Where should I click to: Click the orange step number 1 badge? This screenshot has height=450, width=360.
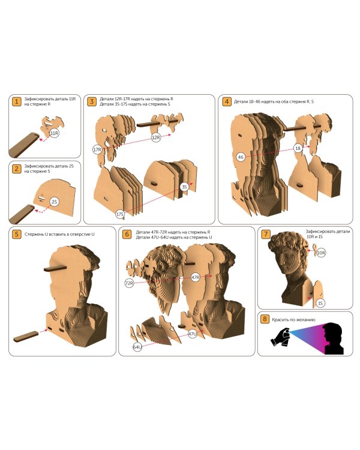17,101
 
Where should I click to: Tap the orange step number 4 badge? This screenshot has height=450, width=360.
227,101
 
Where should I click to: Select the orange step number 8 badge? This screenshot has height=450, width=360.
265,319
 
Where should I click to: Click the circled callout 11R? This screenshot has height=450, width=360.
54,133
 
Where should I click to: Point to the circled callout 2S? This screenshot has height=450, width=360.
54,202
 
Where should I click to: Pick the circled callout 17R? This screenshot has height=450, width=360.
98,149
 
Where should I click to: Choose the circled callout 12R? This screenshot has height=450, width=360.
155,137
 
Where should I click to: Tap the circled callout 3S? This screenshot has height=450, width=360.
184,187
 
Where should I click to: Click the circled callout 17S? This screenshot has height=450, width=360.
120,214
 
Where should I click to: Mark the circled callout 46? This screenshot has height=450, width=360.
241,157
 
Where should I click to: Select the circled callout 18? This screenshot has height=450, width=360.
298,148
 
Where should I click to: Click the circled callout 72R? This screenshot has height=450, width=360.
130,283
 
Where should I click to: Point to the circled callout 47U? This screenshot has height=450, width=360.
193,334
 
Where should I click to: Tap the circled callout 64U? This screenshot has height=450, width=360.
137,347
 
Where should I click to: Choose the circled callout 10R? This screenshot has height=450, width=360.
321,253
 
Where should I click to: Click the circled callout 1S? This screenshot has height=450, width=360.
320,303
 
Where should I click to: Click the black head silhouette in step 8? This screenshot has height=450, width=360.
333,338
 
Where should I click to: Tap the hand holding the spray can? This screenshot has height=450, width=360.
280,337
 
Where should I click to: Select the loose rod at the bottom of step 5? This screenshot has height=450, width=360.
26,337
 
